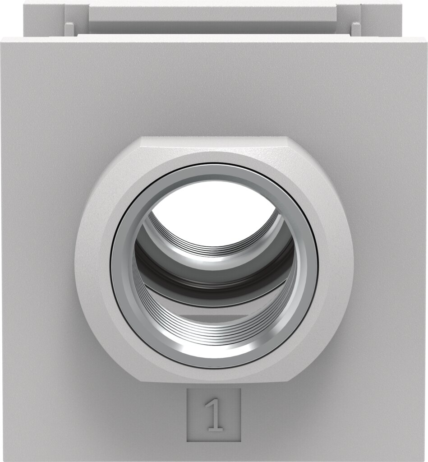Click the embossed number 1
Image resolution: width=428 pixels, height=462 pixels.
tap(214, 415)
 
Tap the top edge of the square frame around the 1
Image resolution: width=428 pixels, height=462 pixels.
tap(214, 389)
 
